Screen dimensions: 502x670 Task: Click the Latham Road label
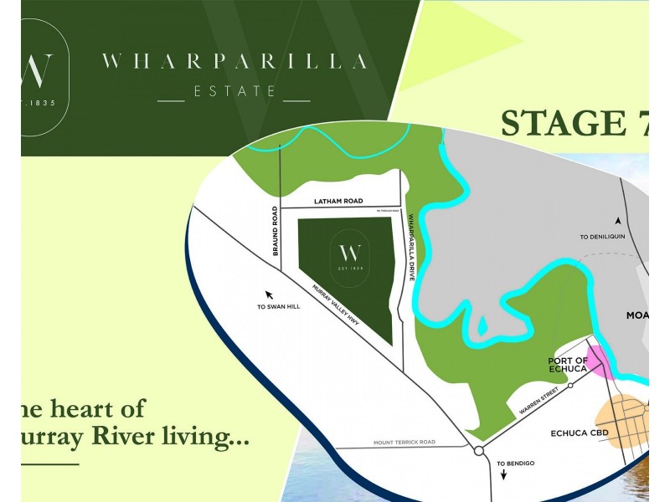tap(339, 202)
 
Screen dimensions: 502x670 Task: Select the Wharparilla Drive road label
tap(411, 240)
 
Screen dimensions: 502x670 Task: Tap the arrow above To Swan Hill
tap(269, 294)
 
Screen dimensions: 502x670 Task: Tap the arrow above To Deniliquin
tap(618, 221)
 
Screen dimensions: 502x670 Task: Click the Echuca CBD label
tap(579, 433)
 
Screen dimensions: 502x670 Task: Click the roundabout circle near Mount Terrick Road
tap(478, 451)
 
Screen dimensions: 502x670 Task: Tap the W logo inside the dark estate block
tap(349, 252)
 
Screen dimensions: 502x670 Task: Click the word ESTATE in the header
tap(234, 91)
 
